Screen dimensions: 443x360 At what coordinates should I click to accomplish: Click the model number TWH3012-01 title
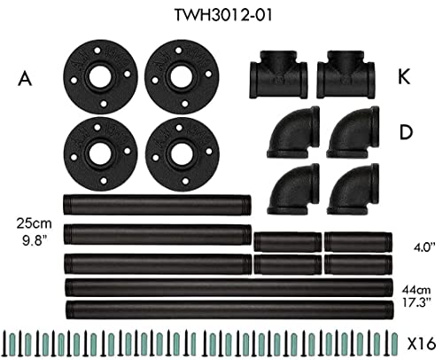coord(223,15)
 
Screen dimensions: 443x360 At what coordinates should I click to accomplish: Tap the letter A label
coord(25,79)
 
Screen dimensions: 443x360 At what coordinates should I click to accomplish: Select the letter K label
coord(404,77)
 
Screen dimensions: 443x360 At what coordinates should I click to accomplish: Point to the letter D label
coord(406,132)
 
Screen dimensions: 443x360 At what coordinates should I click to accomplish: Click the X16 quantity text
coord(422,344)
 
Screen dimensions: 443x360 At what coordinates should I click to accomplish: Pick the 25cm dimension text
coord(34,223)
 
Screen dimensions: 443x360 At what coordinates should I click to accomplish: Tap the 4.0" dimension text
coord(424,247)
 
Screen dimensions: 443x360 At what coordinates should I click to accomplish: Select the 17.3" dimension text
coord(416,302)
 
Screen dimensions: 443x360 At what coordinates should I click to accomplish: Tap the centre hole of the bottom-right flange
coord(182,154)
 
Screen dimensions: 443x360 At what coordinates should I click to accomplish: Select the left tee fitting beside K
coord(278,74)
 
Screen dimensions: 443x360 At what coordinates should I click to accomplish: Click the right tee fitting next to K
coord(346,74)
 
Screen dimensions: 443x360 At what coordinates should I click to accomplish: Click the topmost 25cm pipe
coord(157,205)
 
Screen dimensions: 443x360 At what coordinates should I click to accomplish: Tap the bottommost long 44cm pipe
coord(229,310)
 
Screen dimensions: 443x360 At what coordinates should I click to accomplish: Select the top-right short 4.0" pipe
coord(358,242)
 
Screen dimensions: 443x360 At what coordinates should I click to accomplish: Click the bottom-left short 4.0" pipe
coord(288,264)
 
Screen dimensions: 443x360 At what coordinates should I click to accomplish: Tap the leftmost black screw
coord(5,343)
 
